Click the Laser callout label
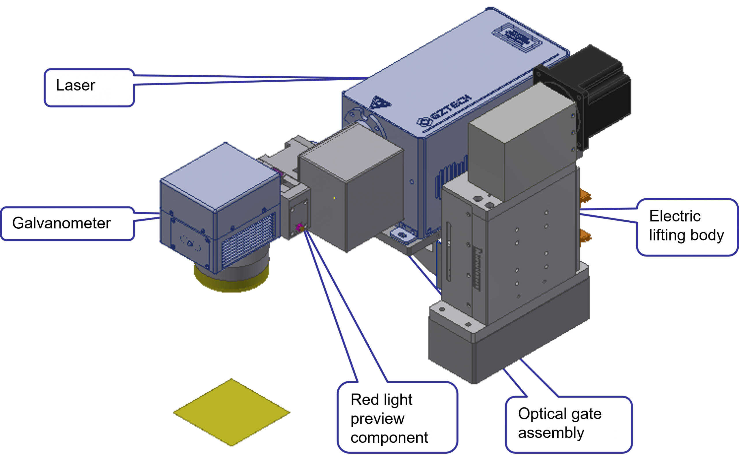pyautogui.click(x=89, y=87)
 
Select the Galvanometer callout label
pyautogui.click(x=67, y=224)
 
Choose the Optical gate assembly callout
pyautogui.click(x=568, y=424)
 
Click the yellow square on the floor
pyautogui.click(x=232, y=412)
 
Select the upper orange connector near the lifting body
pyautogui.click(x=585, y=196)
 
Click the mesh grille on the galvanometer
pyautogui.click(x=247, y=240)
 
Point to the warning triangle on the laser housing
pyautogui.click(x=380, y=102)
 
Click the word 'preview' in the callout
pyautogui.click(x=378, y=419)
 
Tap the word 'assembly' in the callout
pyautogui.click(x=551, y=433)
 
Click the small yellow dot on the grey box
pyautogui.click(x=334, y=198)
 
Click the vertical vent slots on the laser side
pyautogui.click(x=450, y=177)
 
